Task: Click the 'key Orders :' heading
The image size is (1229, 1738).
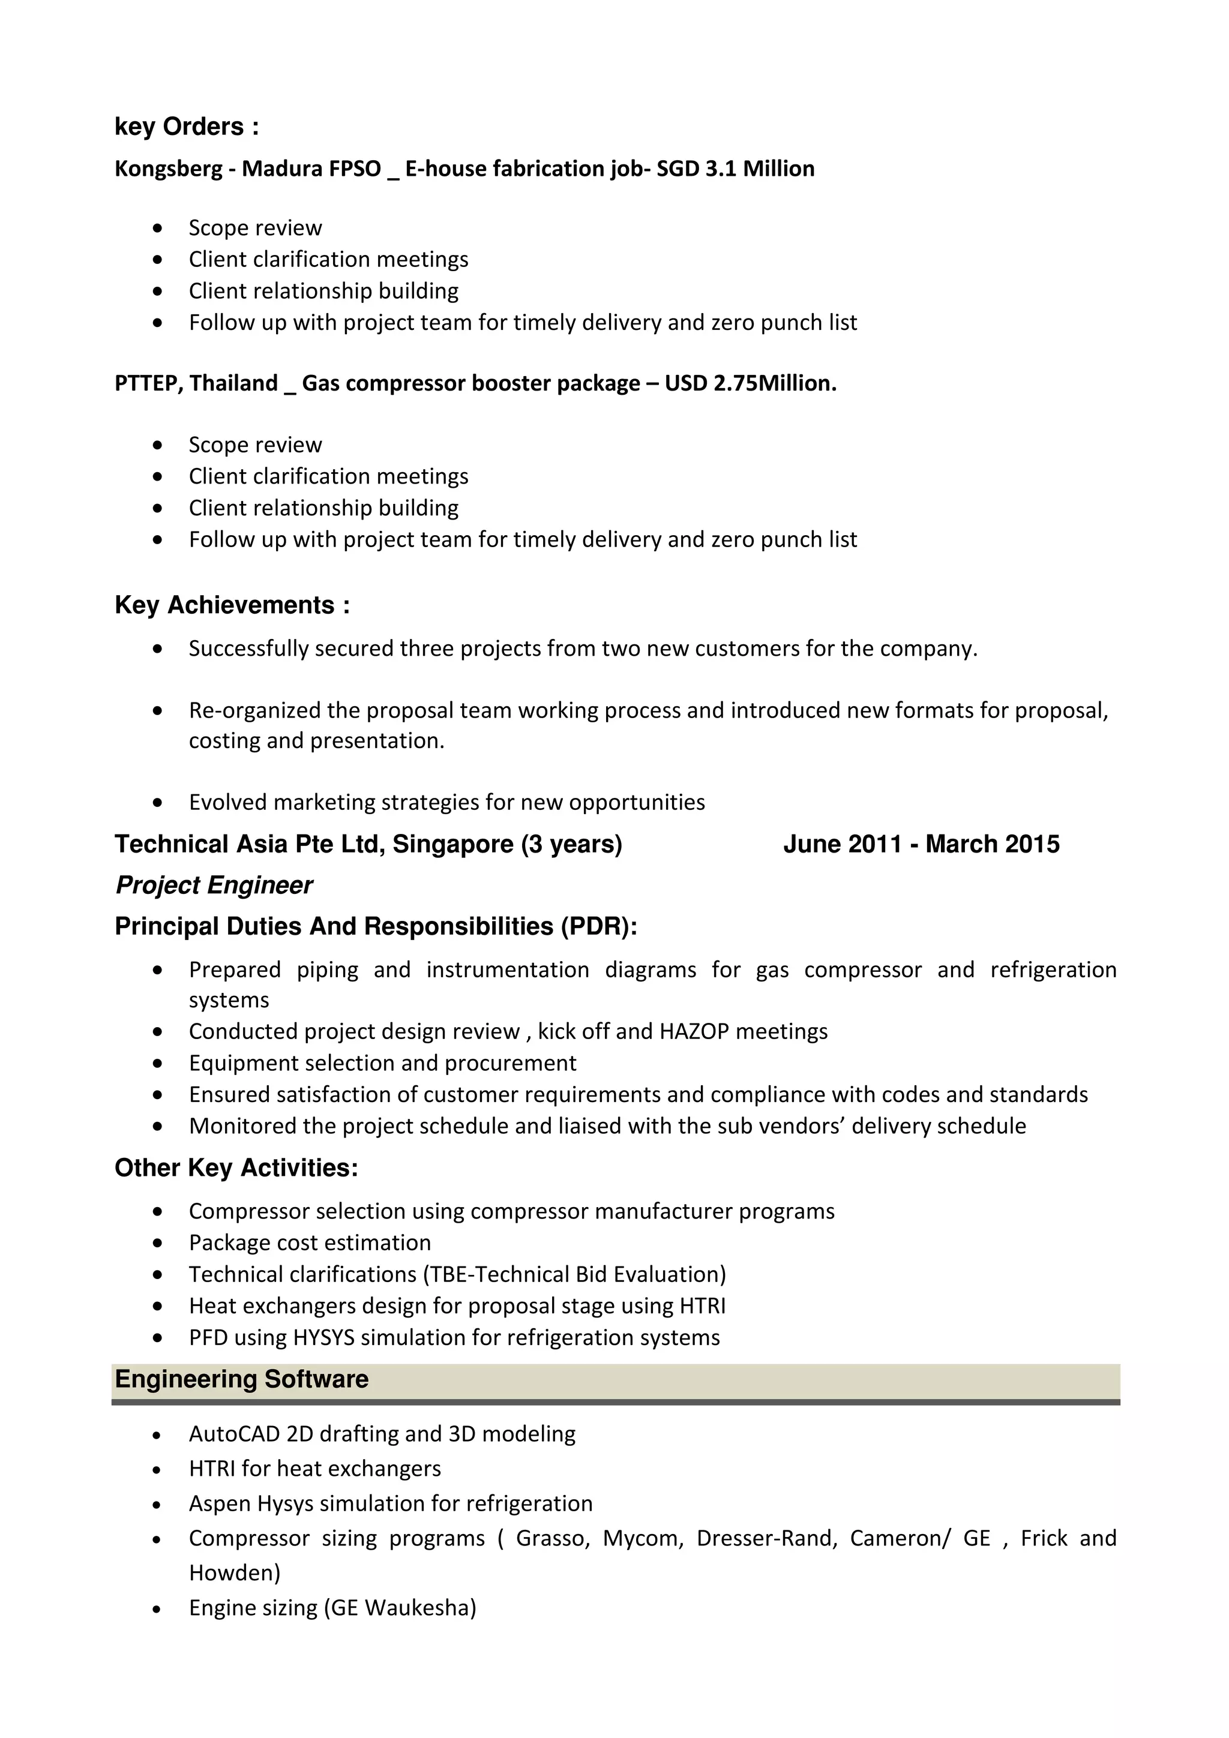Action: tap(186, 127)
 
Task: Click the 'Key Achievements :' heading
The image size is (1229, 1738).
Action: tap(232, 605)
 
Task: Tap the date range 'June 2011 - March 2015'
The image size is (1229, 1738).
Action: tap(921, 844)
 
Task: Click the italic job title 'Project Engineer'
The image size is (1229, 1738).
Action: tap(214, 885)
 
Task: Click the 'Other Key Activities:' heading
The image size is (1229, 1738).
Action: tap(236, 1168)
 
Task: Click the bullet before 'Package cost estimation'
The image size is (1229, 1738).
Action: tap(157, 1243)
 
